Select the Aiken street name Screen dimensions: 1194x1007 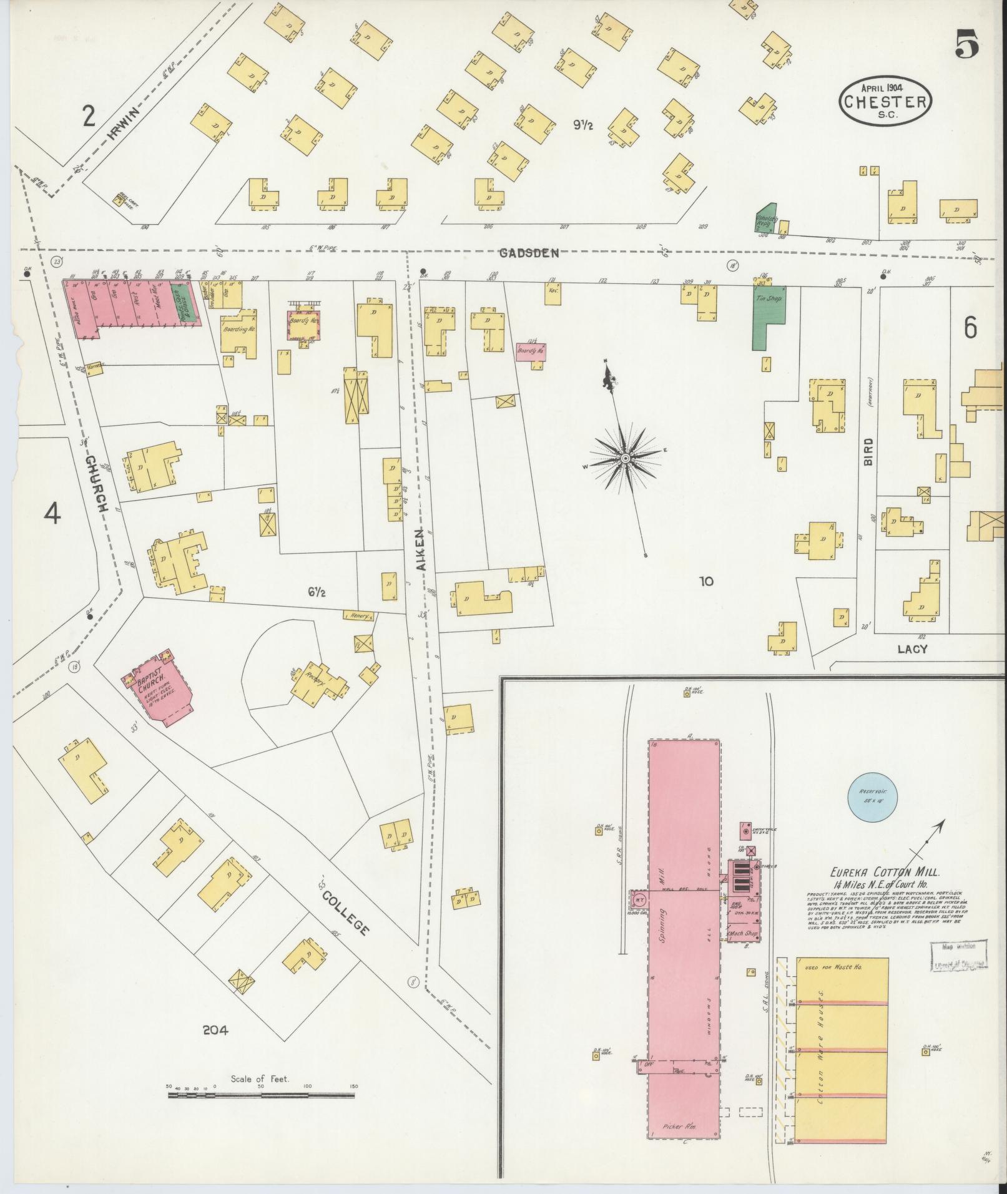tap(418, 548)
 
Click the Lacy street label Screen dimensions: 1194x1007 tap(912, 649)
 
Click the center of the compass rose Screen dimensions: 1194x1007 tap(625, 459)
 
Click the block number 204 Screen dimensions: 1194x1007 tap(215, 1030)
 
